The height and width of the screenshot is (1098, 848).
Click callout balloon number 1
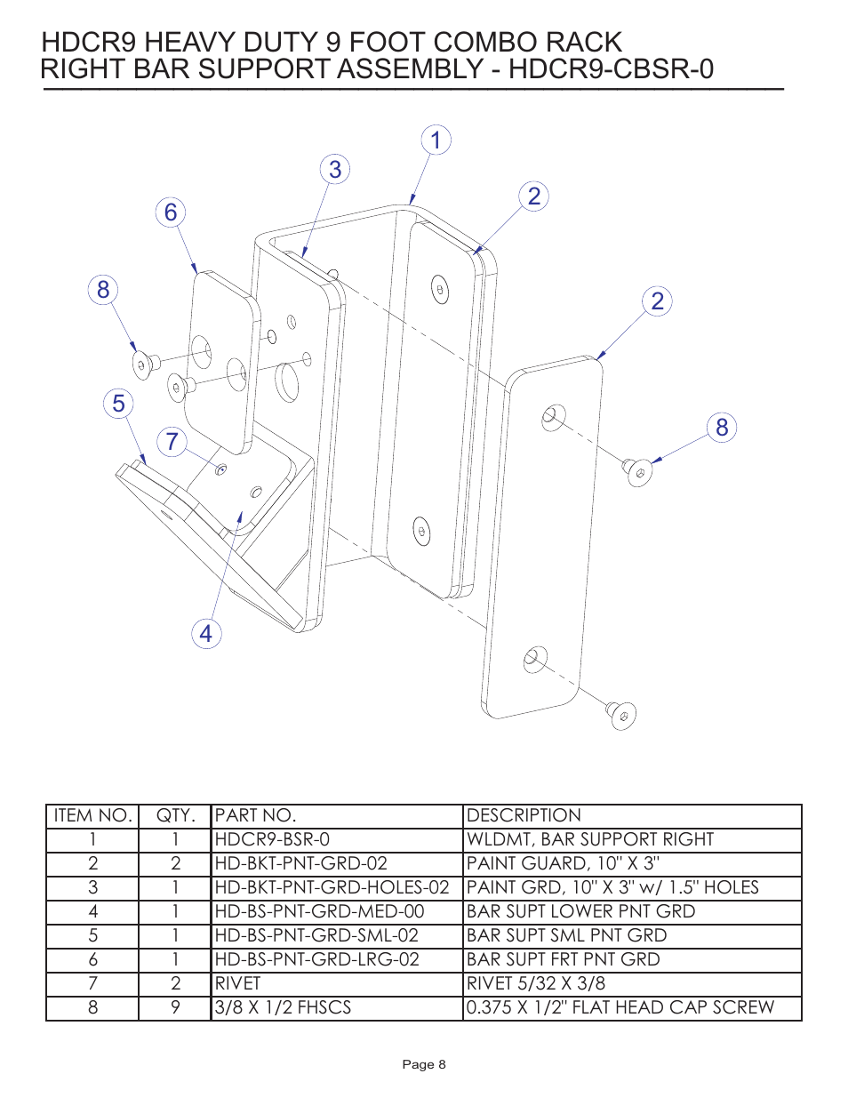(436, 140)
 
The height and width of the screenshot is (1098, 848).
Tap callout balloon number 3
(335, 170)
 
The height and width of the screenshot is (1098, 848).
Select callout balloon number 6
(171, 212)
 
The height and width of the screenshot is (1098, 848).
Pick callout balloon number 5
(118, 404)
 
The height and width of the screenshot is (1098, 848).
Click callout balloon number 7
(172, 442)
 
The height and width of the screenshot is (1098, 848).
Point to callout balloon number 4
(206, 634)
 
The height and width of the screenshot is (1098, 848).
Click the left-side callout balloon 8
(103, 290)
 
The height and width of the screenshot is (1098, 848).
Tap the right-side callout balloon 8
(722, 428)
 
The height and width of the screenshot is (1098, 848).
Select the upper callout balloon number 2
(533, 196)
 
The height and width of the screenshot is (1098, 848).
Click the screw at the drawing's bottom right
(622, 715)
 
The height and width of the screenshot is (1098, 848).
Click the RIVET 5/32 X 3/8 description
(536, 983)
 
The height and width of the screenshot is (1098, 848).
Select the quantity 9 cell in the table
(175, 1007)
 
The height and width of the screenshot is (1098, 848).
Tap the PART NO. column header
(256, 815)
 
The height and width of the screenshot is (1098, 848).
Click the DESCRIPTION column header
(524, 815)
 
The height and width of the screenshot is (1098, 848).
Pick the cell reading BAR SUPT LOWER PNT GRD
(580, 911)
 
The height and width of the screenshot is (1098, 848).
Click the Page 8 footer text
(424, 1064)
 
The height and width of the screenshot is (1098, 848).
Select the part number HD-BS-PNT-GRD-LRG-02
(317, 959)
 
